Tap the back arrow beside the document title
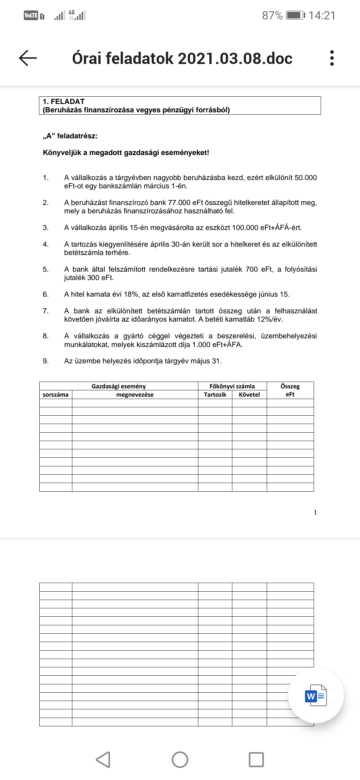pyautogui.click(x=28, y=58)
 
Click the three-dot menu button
pyautogui.click(x=331, y=58)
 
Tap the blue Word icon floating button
pyautogui.click(x=316, y=695)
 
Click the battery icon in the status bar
pyautogui.click(x=295, y=15)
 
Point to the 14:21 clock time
pyautogui.click(x=322, y=15)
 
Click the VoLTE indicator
pyautogui.click(x=31, y=15)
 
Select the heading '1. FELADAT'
pyautogui.click(x=64, y=101)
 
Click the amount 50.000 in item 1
pyautogui.click(x=306, y=177)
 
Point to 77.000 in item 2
pyautogui.click(x=180, y=202)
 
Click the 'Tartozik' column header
pyautogui.click(x=215, y=395)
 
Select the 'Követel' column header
pyautogui.click(x=249, y=395)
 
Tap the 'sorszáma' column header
pyautogui.click(x=56, y=395)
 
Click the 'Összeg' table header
pyautogui.click(x=290, y=386)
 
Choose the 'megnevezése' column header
pyautogui.click(x=135, y=395)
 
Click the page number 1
pyautogui.click(x=315, y=512)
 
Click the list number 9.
pyautogui.click(x=46, y=361)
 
